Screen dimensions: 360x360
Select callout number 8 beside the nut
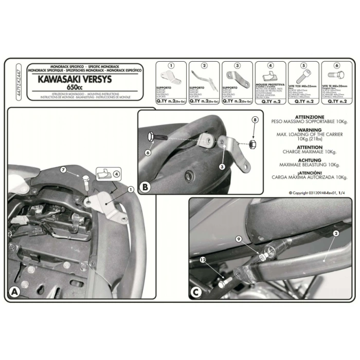click(x=254, y=119)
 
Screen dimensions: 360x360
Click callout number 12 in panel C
click(x=204, y=260)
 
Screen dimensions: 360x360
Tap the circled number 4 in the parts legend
click(x=271, y=66)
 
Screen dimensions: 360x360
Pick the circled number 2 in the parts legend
click(x=204, y=66)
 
